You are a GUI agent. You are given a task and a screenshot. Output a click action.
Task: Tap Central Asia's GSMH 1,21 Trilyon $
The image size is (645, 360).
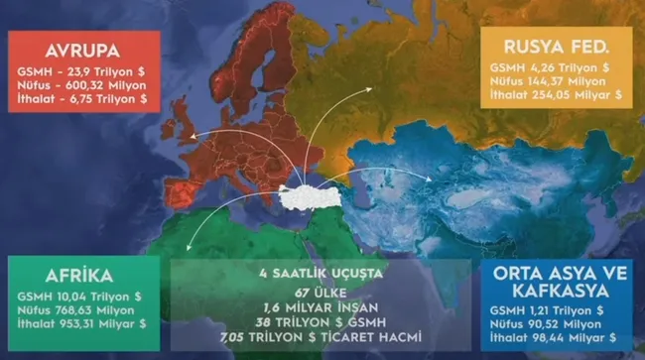(572, 310)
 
